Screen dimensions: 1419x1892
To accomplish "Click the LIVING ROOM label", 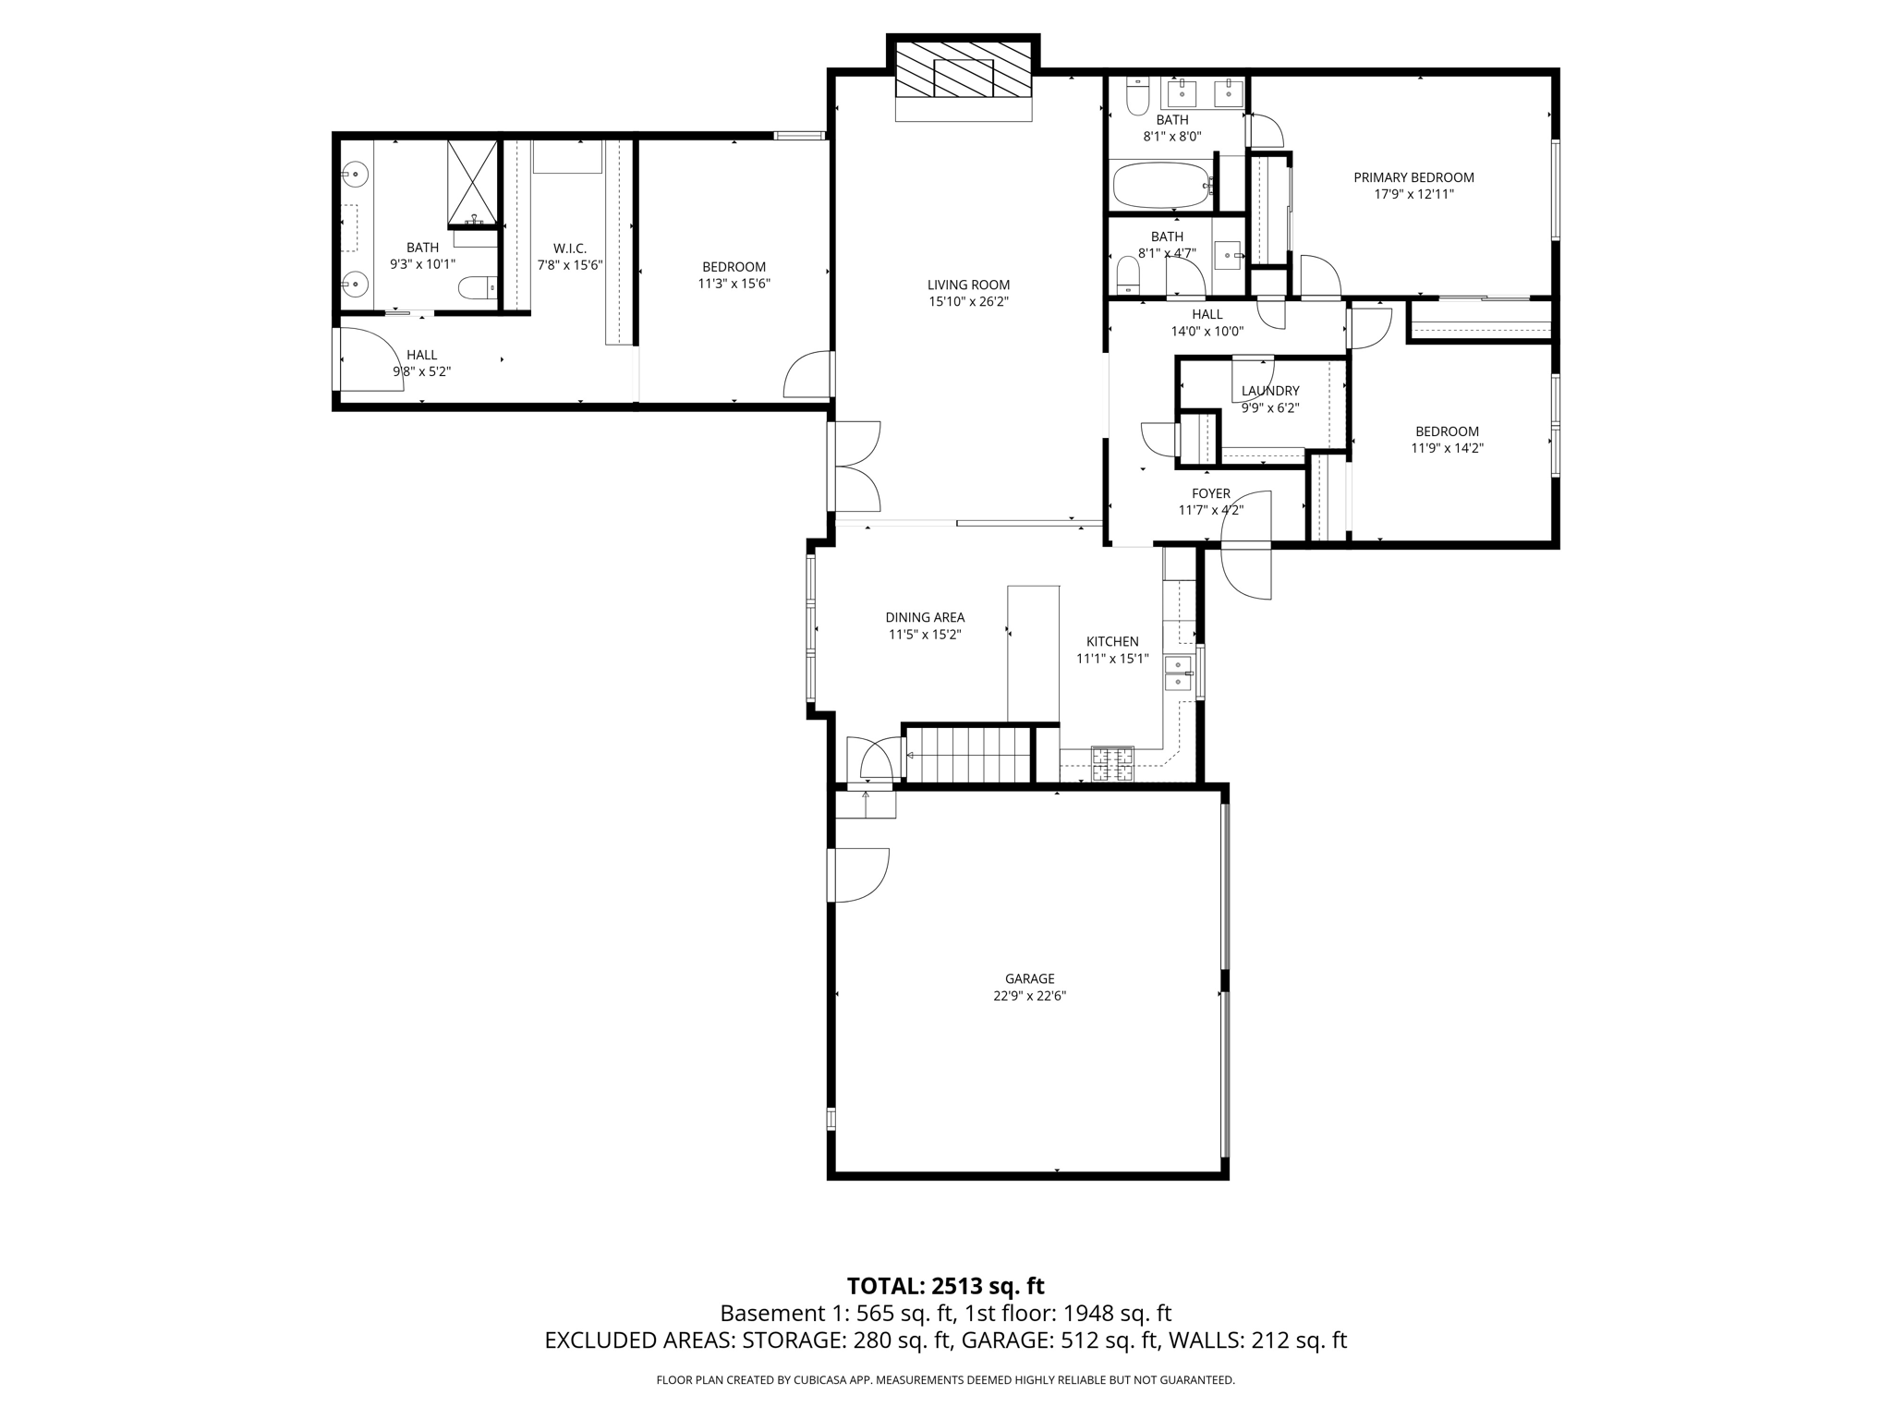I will (968, 285).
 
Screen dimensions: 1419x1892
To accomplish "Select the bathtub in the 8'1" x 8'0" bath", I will (1161, 186).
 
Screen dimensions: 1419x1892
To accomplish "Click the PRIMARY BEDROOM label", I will (1413, 177).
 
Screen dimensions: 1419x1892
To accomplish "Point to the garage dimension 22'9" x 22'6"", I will (1029, 996).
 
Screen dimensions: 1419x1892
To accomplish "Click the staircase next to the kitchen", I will (967, 755).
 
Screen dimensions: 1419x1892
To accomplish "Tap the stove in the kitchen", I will (1112, 763).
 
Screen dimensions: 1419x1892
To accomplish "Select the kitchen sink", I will (1178, 673).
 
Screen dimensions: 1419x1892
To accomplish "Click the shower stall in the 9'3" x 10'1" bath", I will (472, 183).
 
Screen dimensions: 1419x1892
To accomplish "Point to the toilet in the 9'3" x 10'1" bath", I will (477, 288).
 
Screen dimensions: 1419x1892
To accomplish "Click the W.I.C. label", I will (570, 248).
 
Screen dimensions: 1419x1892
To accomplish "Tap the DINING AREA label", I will (925, 617).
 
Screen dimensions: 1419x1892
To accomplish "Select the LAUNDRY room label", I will (1270, 391).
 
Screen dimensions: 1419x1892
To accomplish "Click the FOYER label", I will (1210, 493).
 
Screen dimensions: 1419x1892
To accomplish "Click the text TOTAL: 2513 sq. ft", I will (945, 1286).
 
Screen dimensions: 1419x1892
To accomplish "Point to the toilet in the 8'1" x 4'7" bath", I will (1128, 273).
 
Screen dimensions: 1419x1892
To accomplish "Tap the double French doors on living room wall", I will (855, 467).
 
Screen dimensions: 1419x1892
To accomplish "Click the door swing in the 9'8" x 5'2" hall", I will (370, 360).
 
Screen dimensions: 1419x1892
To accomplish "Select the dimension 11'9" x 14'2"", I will (1447, 448).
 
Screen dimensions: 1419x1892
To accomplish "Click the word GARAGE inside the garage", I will (1029, 978).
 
